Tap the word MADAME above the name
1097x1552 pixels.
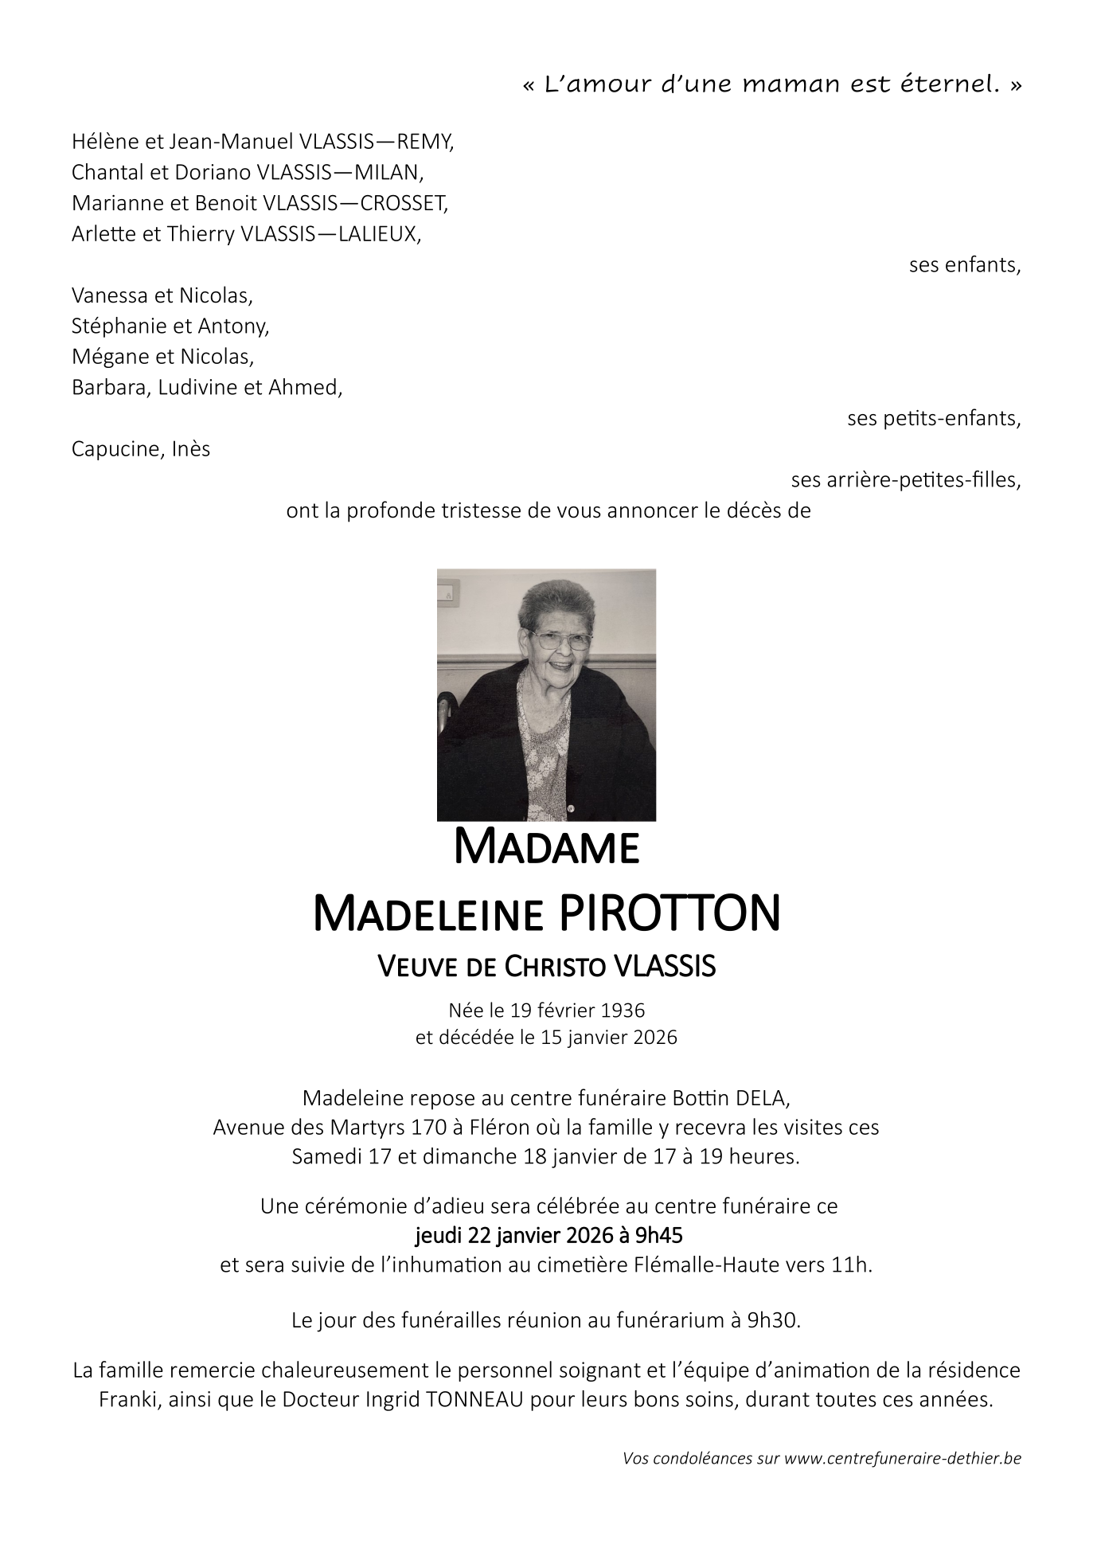546,848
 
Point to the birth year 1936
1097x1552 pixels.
623,1011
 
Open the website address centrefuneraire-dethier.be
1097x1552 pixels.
902,1459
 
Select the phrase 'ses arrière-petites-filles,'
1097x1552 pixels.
905,480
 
